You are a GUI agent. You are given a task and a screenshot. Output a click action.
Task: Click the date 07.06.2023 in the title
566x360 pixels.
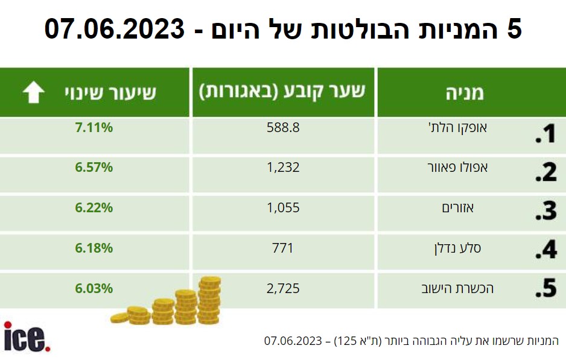click(115, 29)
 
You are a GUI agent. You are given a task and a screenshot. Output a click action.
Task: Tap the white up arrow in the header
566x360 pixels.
click(34, 92)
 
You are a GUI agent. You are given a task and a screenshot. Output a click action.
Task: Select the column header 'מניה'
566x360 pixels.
click(465, 93)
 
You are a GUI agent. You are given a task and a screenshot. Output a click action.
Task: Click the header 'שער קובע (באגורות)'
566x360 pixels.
click(282, 92)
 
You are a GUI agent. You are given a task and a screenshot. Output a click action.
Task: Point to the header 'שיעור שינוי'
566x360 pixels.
click(110, 93)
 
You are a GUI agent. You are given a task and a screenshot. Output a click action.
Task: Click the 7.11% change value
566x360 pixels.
click(94, 128)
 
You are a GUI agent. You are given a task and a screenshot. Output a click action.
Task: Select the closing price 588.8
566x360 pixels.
click(283, 128)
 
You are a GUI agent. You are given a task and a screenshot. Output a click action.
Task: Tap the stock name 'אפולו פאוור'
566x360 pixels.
click(458, 168)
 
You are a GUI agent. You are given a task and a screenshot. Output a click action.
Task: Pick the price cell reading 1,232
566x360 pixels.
click(283, 168)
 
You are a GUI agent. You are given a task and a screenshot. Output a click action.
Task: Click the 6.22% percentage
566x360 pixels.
click(94, 208)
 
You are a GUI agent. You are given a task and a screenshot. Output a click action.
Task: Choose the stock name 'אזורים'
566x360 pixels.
click(458, 208)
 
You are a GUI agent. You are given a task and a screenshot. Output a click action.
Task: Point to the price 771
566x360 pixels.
click(282, 248)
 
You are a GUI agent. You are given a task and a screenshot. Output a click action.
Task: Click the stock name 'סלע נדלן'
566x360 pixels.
click(458, 248)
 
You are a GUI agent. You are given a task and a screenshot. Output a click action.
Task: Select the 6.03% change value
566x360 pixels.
click(94, 289)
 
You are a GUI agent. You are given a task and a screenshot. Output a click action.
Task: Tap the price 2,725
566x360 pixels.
click(283, 289)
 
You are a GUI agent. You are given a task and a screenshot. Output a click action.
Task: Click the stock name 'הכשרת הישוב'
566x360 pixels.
click(457, 289)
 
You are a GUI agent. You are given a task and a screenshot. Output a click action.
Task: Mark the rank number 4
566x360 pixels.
click(546, 249)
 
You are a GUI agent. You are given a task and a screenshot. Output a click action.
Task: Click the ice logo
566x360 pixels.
click(27, 336)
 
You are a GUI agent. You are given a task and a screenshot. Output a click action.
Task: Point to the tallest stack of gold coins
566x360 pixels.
click(209, 300)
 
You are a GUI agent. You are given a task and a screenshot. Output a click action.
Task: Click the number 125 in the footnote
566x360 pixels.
click(346, 341)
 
